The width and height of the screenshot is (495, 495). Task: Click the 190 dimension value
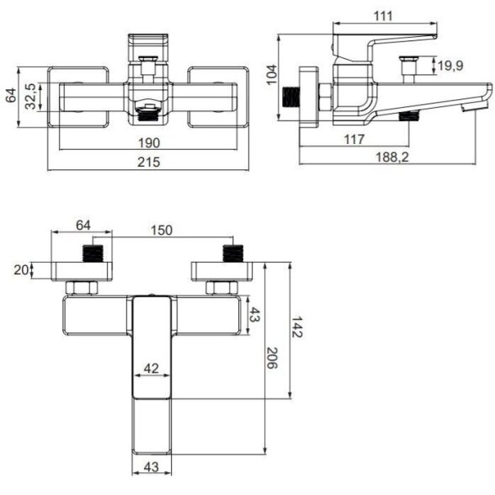149,143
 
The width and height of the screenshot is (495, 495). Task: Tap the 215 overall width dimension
149,162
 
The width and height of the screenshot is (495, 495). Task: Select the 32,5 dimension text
30,96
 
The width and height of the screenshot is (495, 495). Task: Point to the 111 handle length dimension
383,16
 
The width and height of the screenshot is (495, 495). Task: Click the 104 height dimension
272,75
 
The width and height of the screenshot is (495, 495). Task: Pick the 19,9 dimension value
450,66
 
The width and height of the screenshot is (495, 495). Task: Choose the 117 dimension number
354,139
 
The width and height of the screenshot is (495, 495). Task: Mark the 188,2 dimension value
391,157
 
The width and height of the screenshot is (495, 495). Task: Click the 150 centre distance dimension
162,230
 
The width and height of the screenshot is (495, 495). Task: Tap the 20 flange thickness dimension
21,270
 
